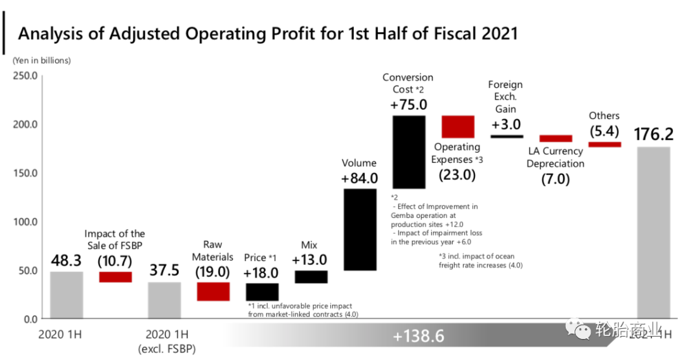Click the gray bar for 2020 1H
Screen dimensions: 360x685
pos(67,295)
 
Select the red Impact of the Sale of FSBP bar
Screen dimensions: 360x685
pos(115,277)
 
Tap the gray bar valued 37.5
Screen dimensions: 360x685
pos(164,300)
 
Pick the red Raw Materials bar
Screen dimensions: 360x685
pos(213,292)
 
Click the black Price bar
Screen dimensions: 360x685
pos(262,292)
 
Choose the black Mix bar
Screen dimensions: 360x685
pos(311,277)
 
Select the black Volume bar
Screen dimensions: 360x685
pos(360,229)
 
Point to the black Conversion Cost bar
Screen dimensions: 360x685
pos(408,152)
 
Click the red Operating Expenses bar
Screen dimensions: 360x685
pos(457,127)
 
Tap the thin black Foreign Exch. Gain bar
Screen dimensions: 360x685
pos(507,136)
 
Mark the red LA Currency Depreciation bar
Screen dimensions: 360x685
pos(556,138)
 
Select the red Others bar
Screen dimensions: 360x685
pos(604,145)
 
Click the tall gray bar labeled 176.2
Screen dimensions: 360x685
pos(653,232)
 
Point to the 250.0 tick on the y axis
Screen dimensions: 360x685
pos(25,75)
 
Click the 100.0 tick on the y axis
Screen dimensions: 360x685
pos(25,222)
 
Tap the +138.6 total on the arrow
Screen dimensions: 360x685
pos(418,336)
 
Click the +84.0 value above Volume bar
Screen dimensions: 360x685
pos(359,179)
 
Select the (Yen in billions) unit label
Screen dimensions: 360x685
pos(41,61)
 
